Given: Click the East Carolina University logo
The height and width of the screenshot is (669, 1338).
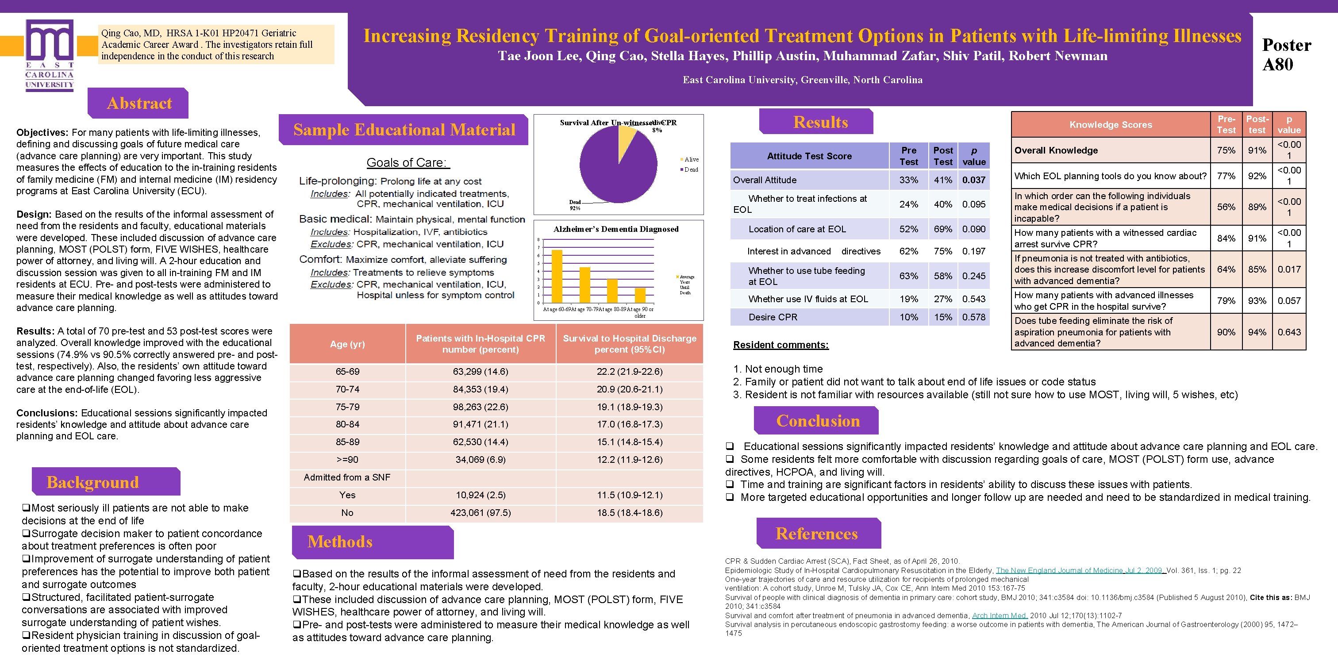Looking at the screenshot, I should tap(50, 54).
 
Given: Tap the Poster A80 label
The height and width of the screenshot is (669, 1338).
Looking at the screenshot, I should tap(1286, 54).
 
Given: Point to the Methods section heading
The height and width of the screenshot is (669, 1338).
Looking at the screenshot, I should tap(340, 542).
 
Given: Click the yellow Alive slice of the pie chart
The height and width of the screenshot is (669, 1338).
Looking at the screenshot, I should tap(626, 136).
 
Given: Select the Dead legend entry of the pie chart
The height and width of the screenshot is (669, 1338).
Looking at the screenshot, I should tap(690, 170).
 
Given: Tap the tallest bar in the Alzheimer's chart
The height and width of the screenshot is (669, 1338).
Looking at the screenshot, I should tap(557, 276).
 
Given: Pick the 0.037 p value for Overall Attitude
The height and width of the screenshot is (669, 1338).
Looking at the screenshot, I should tap(973, 180).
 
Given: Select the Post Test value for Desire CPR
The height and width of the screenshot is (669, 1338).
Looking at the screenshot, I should tap(943, 317).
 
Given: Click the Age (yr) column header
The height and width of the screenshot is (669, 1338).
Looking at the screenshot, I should tap(347, 344).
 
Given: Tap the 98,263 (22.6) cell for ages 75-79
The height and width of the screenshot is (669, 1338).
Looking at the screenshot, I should tap(481, 407).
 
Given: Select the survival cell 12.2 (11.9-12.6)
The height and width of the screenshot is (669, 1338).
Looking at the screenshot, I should tap(630, 460).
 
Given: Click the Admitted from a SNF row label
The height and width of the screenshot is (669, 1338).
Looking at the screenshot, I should tap(347, 477).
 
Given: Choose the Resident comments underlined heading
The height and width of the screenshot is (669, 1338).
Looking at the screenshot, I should tap(780, 345).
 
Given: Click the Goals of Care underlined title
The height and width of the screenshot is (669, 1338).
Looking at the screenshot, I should tap(408, 162).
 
